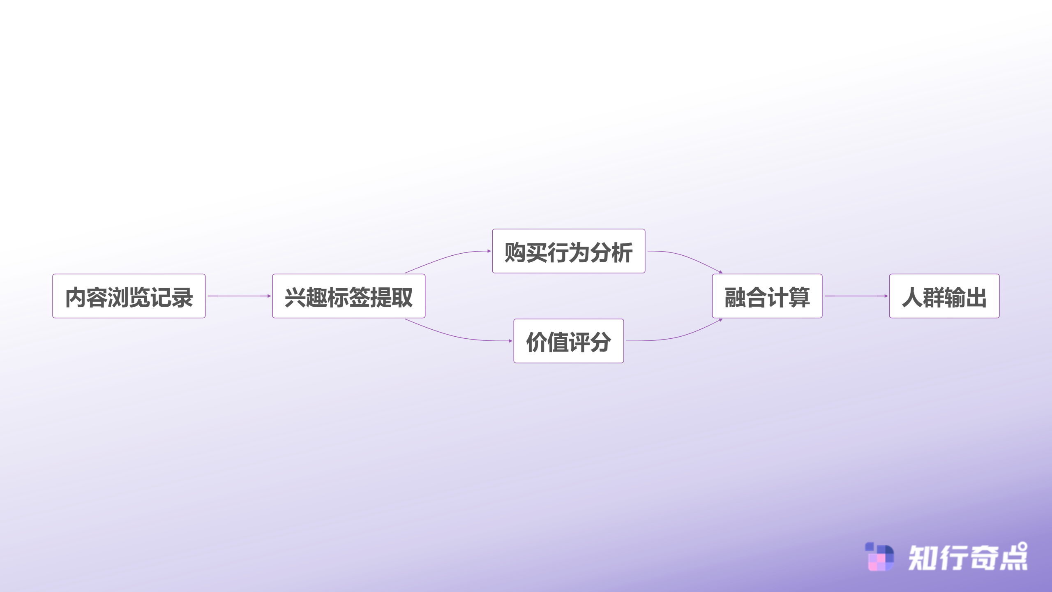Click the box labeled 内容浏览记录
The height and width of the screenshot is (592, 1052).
129,296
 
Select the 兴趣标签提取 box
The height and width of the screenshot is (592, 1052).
349,296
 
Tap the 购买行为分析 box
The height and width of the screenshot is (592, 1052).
569,251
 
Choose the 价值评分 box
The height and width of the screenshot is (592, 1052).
569,341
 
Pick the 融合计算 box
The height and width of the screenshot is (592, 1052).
767,296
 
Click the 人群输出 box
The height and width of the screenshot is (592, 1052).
944,296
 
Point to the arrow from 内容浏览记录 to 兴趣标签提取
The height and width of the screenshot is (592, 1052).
239,296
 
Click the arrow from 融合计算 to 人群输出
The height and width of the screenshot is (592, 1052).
856,296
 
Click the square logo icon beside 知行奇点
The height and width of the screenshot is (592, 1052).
879,557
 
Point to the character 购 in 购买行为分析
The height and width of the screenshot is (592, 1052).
515,252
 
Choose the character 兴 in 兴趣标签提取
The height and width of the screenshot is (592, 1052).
295,297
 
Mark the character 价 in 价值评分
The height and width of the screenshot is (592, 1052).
537,342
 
